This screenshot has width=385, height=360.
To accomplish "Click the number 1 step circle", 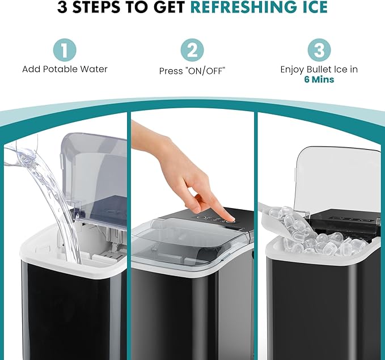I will click(x=64, y=50).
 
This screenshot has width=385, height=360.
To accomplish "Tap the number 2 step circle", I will click(x=193, y=50).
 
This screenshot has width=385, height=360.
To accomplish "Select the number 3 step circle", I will click(x=320, y=50).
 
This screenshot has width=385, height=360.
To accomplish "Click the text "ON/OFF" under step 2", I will click(x=208, y=72).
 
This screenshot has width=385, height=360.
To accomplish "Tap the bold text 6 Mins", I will click(x=319, y=80).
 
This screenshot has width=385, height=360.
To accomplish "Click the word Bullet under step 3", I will click(x=325, y=70).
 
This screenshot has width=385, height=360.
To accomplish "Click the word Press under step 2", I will click(x=171, y=72).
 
